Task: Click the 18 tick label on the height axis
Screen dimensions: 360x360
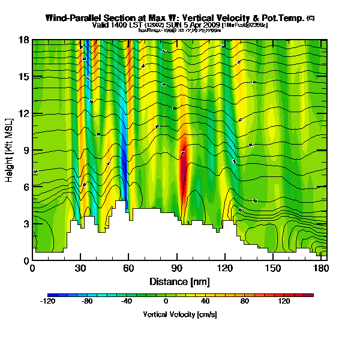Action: tap(23, 40)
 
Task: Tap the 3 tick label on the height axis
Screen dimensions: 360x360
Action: tap(25, 224)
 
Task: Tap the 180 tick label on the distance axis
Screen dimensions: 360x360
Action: tap(320, 268)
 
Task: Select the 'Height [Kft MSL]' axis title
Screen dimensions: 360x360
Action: tap(10, 150)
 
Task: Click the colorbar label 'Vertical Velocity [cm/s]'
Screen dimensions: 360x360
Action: tap(180, 314)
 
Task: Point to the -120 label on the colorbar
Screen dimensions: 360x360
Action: tap(47, 302)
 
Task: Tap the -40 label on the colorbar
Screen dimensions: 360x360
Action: tap(126, 302)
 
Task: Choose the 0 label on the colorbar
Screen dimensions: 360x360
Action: tap(166, 302)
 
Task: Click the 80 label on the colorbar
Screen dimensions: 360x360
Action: tap(244, 302)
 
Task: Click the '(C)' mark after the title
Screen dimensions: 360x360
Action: tap(310, 18)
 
